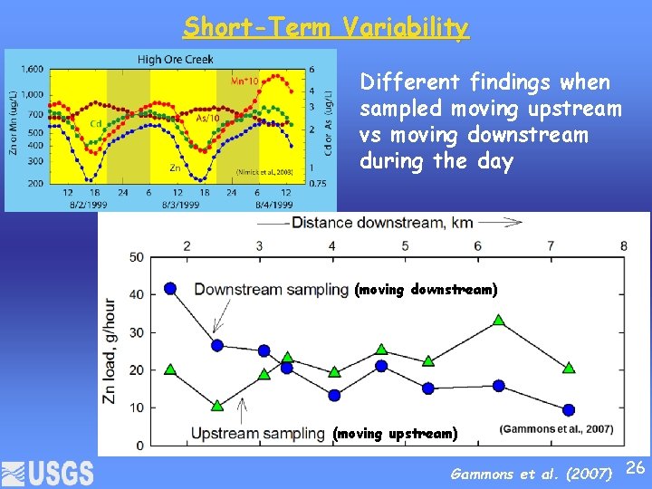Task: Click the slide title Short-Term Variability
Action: pos(326,27)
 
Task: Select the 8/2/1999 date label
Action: pos(81,205)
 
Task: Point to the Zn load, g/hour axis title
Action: pos(110,350)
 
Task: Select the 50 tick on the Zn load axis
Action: pos(135,257)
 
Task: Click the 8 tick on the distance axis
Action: pos(623,245)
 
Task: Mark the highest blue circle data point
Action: pos(170,288)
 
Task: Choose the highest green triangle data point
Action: pos(499,320)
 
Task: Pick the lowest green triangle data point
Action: pos(217,405)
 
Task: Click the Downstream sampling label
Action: pos(271,290)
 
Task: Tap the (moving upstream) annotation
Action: pos(395,434)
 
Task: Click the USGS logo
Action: pos(48,473)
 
